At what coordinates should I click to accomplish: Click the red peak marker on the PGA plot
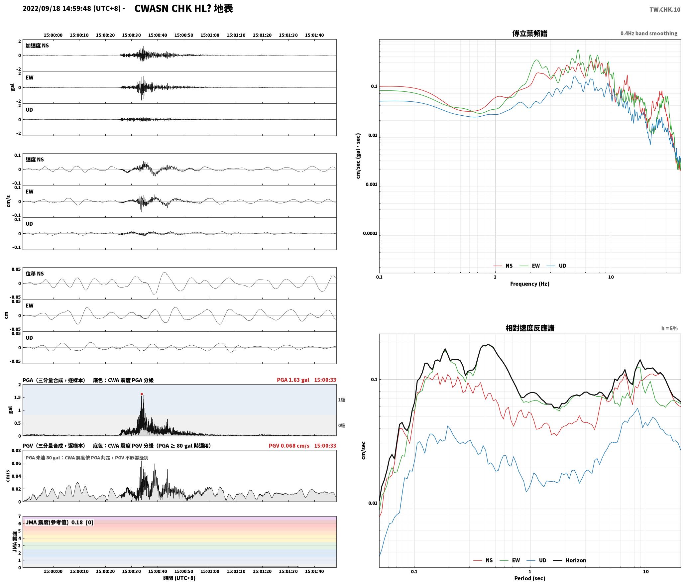[142, 394]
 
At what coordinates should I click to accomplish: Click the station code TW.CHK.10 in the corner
[665, 10]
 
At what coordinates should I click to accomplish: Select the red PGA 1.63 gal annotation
[293, 380]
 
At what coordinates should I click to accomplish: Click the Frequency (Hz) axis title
[529, 284]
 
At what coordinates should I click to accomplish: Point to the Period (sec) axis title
[529, 578]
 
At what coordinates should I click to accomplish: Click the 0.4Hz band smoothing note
[649, 33]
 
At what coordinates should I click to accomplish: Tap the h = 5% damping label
[669, 328]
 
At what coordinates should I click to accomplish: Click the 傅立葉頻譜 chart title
[530, 33]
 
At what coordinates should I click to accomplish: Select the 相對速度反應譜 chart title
[530, 328]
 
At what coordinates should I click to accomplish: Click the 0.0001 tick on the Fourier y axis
[370, 233]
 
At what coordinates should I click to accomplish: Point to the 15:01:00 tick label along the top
[210, 35]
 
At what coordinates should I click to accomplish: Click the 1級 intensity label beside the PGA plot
[341, 400]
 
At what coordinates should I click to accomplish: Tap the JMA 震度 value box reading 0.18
[59, 522]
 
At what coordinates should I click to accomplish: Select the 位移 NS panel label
[35, 274]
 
